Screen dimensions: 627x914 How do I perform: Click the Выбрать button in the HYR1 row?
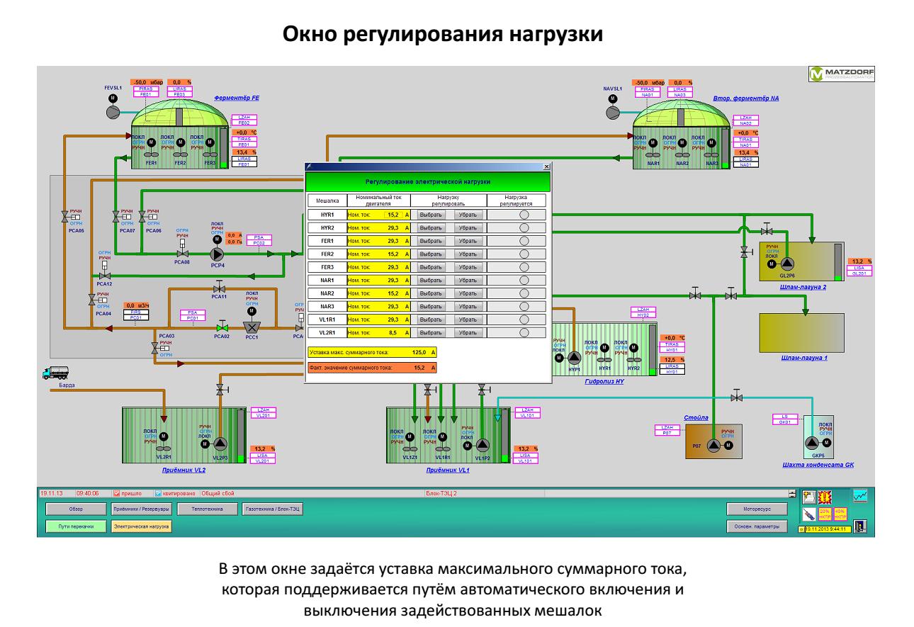pyautogui.click(x=430, y=214)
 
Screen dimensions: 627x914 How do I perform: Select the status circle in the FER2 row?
pyautogui.click(x=524, y=254)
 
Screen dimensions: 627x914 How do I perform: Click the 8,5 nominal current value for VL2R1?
pyautogui.click(x=394, y=332)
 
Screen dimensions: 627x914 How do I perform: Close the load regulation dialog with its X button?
pyautogui.click(x=546, y=166)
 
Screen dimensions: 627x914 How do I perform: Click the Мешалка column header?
pyautogui.click(x=327, y=200)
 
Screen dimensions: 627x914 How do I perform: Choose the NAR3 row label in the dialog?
pyautogui.click(x=327, y=305)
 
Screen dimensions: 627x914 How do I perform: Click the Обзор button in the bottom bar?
pyautogui.click(x=76, y=509)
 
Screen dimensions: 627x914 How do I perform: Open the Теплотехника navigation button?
pyautogui.click(x=205, y=509)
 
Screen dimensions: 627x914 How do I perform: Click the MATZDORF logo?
pyautogui.click(x=842, y=73)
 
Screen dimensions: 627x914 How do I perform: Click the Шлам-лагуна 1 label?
pyautogui.click(x=804, y=358)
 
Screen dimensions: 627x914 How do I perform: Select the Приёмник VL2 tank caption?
pyautogui.click(x=179, y=470)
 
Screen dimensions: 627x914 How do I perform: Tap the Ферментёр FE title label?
pyautogui.click(x=237, y=98)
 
